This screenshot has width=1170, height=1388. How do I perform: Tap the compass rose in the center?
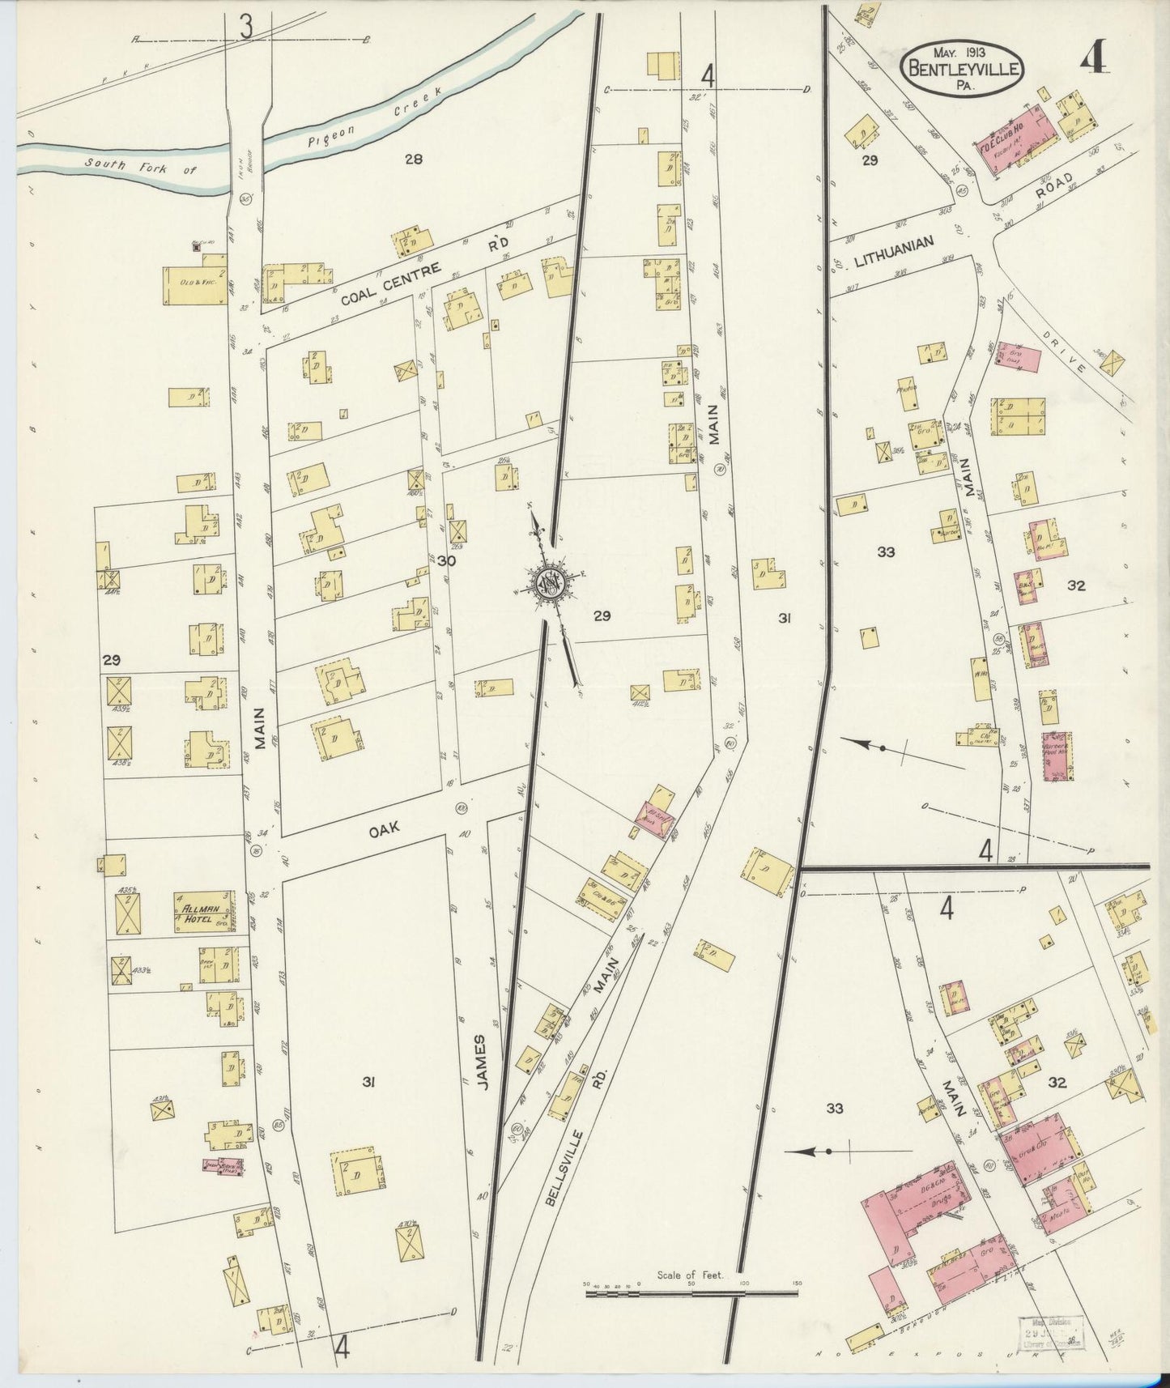(551, 584)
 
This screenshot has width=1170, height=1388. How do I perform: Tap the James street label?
(479, 1062)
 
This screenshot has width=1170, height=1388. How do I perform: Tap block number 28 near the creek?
(414, 160)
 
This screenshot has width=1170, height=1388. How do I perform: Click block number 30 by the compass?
(446, 560)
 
